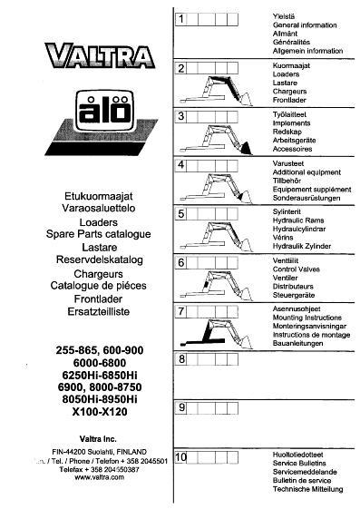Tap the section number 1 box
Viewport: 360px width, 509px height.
(180, 19)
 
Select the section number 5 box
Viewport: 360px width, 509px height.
(180, 214)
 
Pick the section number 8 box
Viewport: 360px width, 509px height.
(180, 360)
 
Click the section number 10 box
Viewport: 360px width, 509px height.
(180, 457)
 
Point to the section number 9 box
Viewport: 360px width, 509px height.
(180, 408)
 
